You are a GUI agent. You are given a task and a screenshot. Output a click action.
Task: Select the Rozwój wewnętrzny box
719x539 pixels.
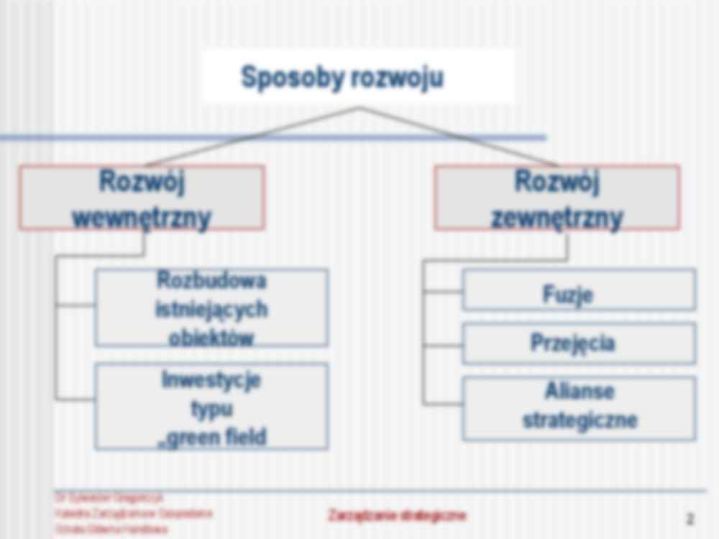click(x=142, y=198)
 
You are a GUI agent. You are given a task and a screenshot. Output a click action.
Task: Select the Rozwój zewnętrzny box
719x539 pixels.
click(x=557, y=198)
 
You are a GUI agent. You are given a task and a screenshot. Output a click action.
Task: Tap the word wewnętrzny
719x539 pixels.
click(x=142, y=216)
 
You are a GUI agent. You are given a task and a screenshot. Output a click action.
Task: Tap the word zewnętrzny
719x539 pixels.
click(x=557, y=216)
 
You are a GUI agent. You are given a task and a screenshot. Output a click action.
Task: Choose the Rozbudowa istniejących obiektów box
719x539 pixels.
click(x=211, y=308)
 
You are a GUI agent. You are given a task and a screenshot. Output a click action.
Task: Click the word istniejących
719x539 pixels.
click(x=211, y=309)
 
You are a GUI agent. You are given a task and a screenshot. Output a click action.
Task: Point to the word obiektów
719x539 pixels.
click(x=211, y=337)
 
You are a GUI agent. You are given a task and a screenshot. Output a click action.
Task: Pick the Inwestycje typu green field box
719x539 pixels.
click(x=211, y=406)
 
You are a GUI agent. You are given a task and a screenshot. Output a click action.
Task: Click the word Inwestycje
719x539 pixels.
click(x=211, y=379)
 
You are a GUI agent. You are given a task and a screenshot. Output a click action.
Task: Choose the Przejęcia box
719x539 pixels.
click(x=579, y=344)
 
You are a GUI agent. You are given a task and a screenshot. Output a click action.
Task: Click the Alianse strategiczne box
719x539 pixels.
click(x=579, y=407)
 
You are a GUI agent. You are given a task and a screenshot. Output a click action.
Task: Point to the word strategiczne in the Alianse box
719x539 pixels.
click(x=580, y=420)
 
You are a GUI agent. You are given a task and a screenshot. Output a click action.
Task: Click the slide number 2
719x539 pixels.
click(x=690, y=518)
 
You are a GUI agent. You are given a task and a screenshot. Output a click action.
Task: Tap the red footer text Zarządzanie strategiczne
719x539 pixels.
click(x=397, y=515)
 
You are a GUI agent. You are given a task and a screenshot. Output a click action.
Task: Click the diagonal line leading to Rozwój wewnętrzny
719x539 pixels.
click(x=252, y=137)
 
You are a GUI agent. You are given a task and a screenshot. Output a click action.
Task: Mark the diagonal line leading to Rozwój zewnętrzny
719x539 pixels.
click(x=460, y=137)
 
